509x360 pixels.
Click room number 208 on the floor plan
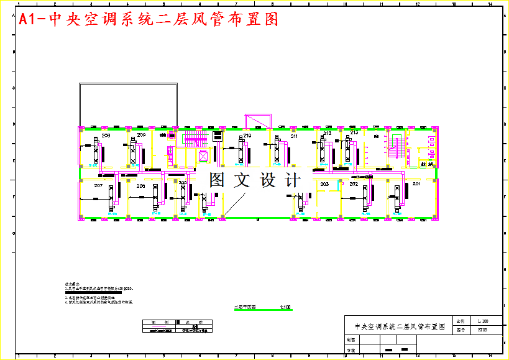(x=106, y=135)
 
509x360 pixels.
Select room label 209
(x=142, y=135)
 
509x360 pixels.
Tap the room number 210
(x=247, y=135)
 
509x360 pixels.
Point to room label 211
(x=294, y=135)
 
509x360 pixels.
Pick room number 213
(x=354, y=132)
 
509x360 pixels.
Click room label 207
(x=98, y=186)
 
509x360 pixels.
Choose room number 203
(x=324, y=184)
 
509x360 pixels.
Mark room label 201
(x=416, y=184)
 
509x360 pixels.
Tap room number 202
(x=354, y=184)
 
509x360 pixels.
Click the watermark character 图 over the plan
(x=217, y=180)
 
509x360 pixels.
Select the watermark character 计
(x=292, y=180)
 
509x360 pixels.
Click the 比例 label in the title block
(x=461, y=321)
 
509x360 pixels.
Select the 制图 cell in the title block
(x=352, y=340)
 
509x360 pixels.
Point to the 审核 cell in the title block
(x=352, y=350)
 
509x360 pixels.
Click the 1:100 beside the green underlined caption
(x=286, y=307)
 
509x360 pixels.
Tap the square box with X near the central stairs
(x=203, y=157)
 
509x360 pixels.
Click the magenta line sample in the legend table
(x=160, y=326)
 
